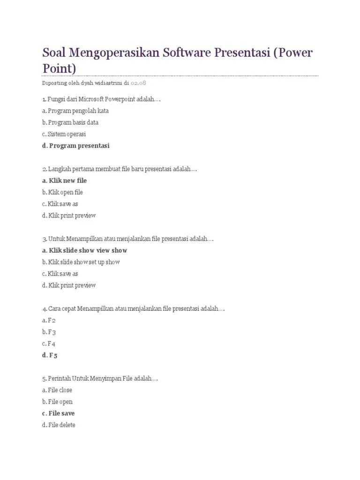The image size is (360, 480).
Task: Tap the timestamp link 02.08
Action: click(139, 83)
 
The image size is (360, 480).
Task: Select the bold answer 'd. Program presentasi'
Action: click(75, 146)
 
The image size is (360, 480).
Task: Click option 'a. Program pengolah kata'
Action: click(75, 111)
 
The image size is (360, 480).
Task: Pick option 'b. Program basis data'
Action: click(70, 122)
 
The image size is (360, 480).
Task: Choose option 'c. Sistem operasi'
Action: click(64, 134)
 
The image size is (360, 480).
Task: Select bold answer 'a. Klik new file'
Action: click(64, 180)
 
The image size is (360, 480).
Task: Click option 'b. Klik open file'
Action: click(62, 192)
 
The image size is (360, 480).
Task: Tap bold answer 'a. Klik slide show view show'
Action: click(84, 250)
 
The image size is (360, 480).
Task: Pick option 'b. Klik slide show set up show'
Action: click(81, 262)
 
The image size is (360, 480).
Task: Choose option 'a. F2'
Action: click(49, 320)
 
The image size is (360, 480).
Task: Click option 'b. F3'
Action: click(49, 332)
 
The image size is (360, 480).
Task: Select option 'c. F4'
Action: click(49, 344)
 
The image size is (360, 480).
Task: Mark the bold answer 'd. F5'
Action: click(49, 355)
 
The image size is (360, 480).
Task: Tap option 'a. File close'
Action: click(57, 390)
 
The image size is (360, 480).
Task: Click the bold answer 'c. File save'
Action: click(58, 413)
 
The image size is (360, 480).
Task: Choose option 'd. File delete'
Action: click(58, 425)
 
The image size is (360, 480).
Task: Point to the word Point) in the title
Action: click(59, 68)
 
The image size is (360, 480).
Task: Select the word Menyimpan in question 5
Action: click(103, 378)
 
